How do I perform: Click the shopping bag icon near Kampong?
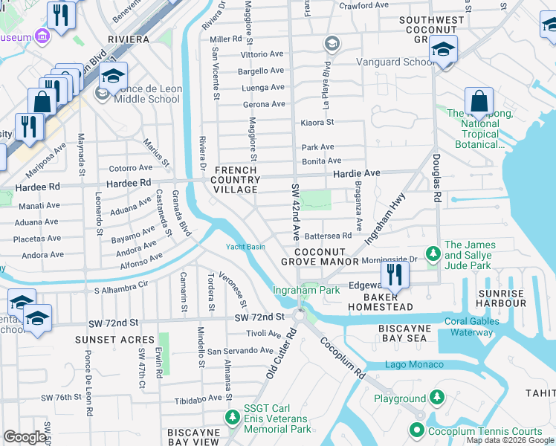[x=479, y=102]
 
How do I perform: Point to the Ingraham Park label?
[x=306, y=290]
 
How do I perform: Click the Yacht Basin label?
[x=245, y=247]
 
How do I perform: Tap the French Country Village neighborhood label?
[x=236, y=180]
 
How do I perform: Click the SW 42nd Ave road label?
[x=295, y=211]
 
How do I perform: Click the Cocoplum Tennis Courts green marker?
[x=417, y=430]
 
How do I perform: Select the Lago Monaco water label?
[x=414, y=364]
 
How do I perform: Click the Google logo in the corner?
[x=25, y=437]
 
